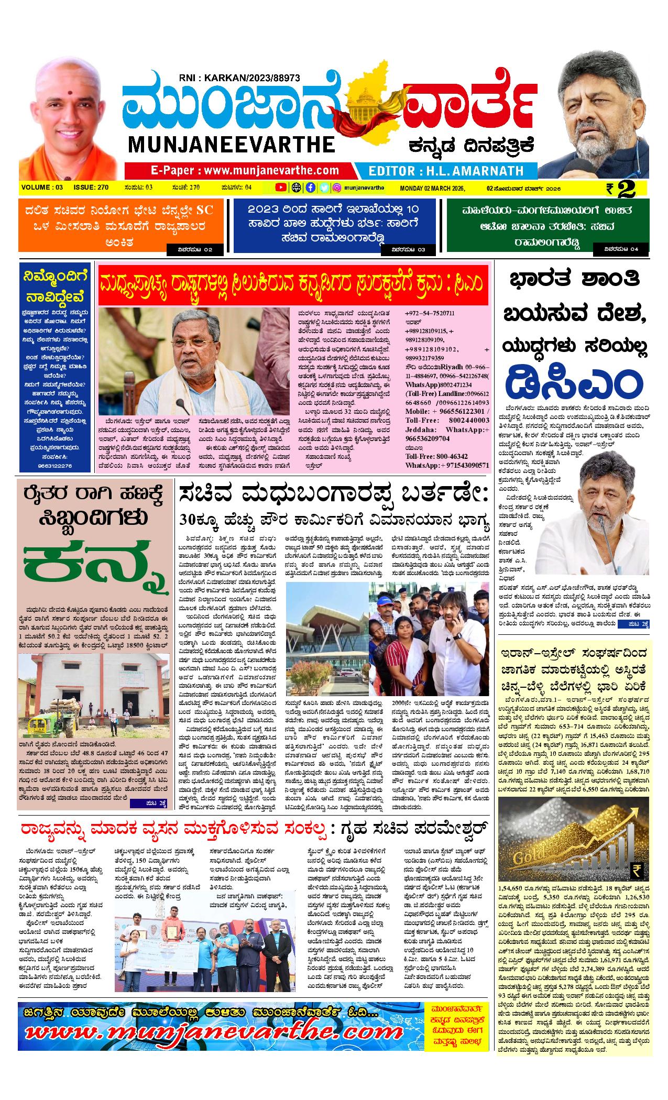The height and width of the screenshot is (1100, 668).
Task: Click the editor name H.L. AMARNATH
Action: coord(446,171)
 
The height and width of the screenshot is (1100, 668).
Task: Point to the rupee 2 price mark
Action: coord(621,189)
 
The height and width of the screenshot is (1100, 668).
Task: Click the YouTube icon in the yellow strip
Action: coord(281,187)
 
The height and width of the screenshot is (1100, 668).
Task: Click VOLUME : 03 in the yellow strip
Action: coord(42,188)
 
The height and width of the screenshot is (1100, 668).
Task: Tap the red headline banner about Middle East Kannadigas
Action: coord(293,285)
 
